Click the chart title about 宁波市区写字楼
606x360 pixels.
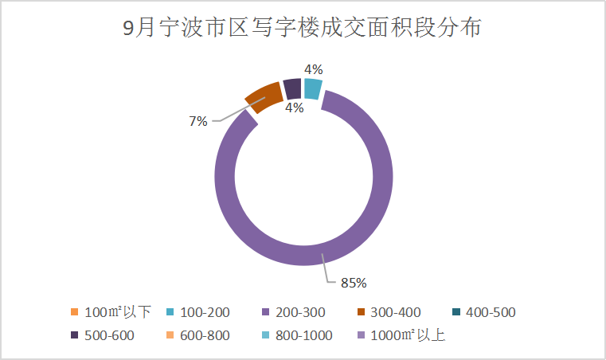pyautogui.click(x=303, y=29)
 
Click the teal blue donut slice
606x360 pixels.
pyautogui.click(x=313, y=88)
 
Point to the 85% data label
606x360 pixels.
pyautogui.click(x=353, y=282)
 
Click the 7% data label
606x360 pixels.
pyautogui.click(x=198, y=121)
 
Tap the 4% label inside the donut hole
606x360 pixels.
pyautogui.click(x=294, y=108)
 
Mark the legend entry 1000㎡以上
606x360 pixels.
pyautogui.click(x=401, y=335)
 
